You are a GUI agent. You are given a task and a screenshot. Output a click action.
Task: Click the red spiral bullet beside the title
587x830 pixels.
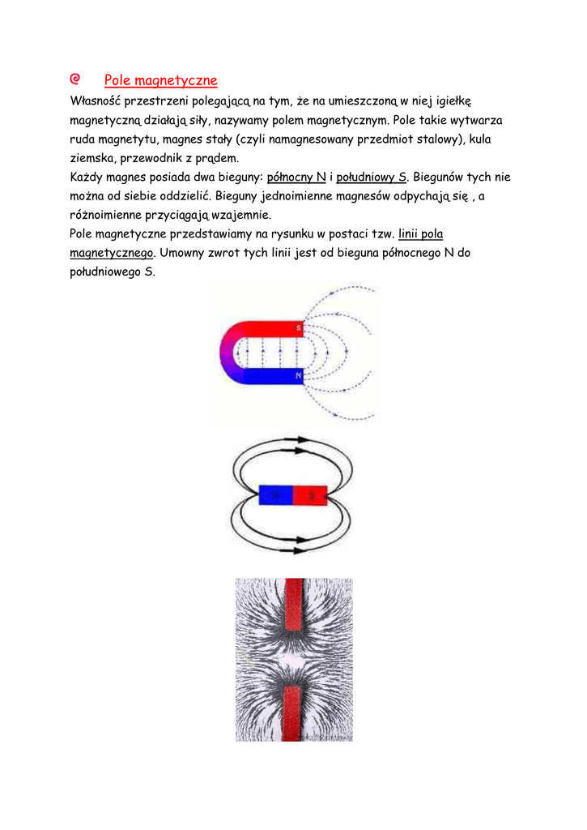point(75,79)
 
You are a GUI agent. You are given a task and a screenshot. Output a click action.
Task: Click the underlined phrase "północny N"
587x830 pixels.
point(296,177)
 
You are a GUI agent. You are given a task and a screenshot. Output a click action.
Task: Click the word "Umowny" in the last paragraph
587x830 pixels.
point(185,253)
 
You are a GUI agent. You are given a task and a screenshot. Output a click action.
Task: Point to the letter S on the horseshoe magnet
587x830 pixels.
point(299,328)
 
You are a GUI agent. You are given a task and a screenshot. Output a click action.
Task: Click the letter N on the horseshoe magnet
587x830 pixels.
point(299,376)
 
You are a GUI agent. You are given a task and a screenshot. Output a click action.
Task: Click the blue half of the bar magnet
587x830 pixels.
point(275,494)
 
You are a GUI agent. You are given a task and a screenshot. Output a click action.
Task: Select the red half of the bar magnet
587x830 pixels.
point(310,494)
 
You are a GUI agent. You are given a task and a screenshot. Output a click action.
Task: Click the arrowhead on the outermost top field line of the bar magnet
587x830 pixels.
point(300,440)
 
